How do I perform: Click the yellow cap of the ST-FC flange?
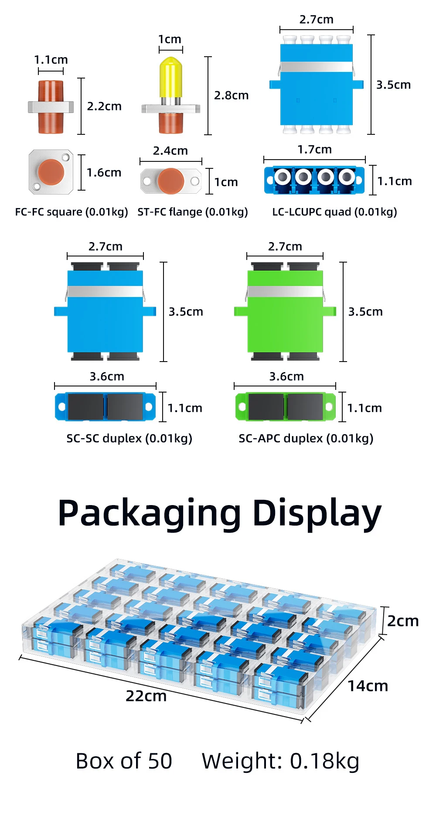pos(170,78)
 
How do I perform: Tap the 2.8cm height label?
pos(231,96)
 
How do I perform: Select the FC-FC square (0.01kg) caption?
pos(72,212)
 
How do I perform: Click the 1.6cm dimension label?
pos(104,173)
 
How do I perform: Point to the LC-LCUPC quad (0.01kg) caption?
pos(334,212)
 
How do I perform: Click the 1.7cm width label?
pos(314,150)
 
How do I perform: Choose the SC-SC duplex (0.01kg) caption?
pos(129,438)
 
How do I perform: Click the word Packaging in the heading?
pos(149,513)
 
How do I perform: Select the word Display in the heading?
pos(317,513)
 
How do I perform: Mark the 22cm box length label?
pos(146,696)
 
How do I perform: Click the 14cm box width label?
pos(368,686)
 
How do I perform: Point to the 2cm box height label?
pos(403,621)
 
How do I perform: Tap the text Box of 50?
pos(124,761)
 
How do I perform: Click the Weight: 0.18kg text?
pos(280,761)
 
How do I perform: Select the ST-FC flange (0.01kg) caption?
pos(192,212)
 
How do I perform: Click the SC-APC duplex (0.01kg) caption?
pos(306,438)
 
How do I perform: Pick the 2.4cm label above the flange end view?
pos(170,151)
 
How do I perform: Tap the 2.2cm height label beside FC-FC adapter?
pos(104,106)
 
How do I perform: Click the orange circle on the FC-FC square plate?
pos(51,172)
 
